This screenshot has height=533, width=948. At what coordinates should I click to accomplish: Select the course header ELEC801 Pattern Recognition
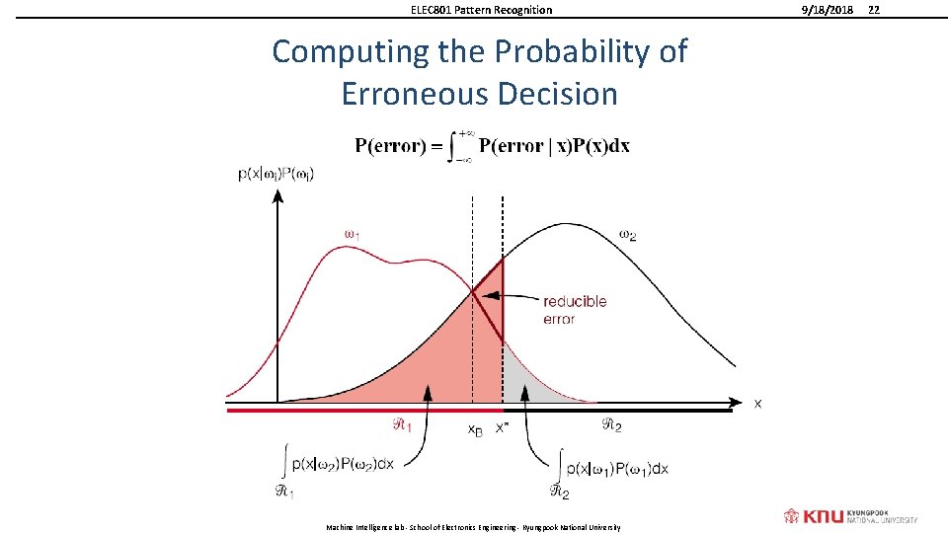pos(481,10)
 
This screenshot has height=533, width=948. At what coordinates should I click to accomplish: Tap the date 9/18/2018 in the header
pos(826,10)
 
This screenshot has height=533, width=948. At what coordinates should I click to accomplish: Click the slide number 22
pos(872,10)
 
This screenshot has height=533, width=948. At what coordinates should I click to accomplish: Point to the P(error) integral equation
pos(492,146)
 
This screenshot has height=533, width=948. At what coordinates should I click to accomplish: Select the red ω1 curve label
pos(352,234)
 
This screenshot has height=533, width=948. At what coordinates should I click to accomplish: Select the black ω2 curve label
pos(627,234)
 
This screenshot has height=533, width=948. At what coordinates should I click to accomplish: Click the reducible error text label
pos(575,310)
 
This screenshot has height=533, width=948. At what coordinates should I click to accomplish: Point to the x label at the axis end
pos(757,403)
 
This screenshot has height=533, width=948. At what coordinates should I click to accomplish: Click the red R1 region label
pos(403,425)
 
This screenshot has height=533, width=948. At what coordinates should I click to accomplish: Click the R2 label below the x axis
pos(612,425)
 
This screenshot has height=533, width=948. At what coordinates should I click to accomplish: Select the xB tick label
pos(475,429)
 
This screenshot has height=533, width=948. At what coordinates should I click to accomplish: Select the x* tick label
pos(502,426)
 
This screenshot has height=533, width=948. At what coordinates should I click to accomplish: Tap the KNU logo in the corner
pos(850,515)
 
